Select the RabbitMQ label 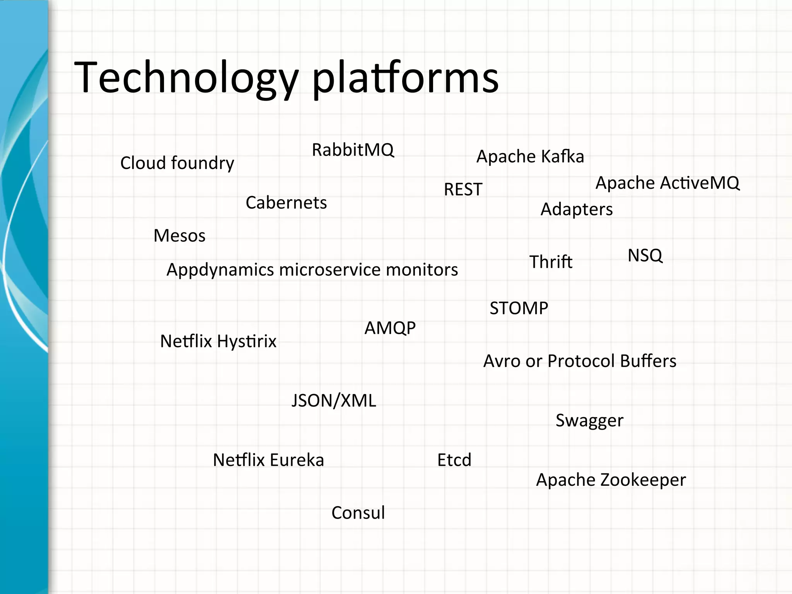click(353, 150)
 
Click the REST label click(463, 189)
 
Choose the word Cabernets click(286, 203)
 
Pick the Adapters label click(576, 210)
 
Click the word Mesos click(179, 236)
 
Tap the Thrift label click(551, 262)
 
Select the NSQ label click(645, 256)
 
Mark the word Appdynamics click(220, 270)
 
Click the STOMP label click(519, 308)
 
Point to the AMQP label click(390, 328)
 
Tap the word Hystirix click(247, 341)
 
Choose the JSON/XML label click(333, 401)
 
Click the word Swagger click(589, 420)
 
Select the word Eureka click(297, 460)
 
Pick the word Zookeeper click(643, 480)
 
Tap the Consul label click(358, 513)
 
